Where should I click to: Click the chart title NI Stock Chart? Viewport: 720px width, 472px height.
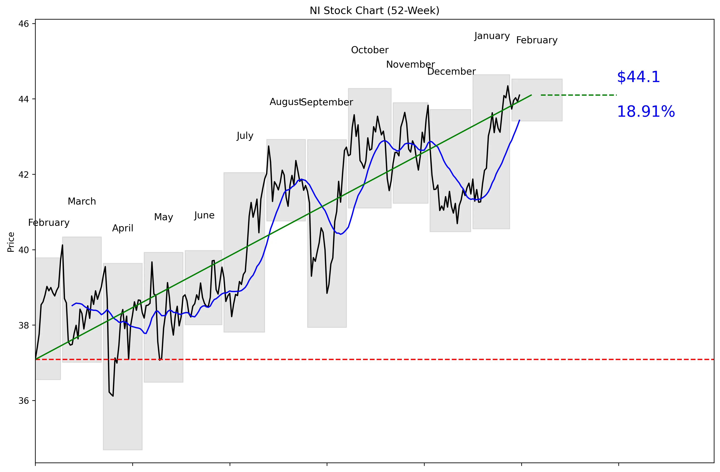point(374,11)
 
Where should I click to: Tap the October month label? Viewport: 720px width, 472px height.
point(369,50)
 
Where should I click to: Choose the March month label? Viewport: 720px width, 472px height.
point(82,201)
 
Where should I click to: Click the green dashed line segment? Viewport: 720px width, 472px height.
point(578,95)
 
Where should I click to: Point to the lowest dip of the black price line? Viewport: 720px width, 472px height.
point(113,396)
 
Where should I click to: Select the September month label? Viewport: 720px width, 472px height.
point(327,102)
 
